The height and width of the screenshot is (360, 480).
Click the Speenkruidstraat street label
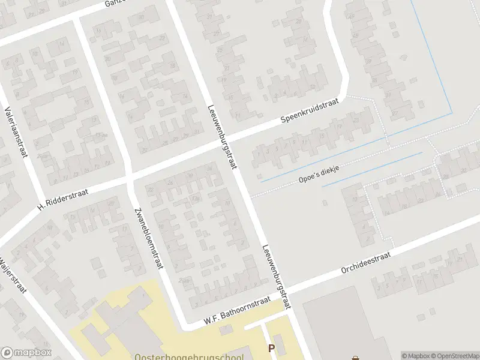tap(310, 112)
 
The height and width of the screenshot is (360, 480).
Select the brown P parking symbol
tap(271, 348)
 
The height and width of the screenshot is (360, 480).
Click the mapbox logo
tap(25, 353)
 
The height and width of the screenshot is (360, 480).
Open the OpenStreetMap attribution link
tap(453, 355)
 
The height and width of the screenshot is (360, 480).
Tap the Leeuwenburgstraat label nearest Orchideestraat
tap(276, 277)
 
